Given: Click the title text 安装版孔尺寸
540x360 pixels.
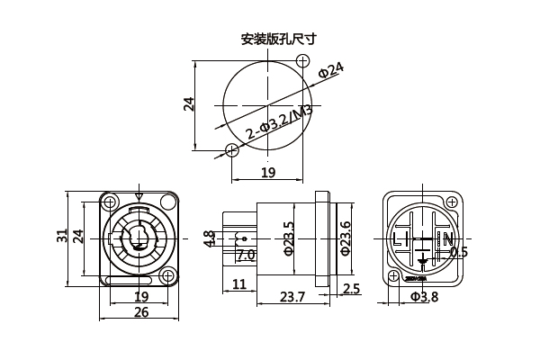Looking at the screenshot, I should (x=278, y=40).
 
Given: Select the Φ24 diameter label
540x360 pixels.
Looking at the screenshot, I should (x=331, y=71).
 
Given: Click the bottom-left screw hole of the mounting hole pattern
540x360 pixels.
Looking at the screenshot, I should (x=232, y=150).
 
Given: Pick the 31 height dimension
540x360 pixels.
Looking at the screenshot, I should (x=62, y=236).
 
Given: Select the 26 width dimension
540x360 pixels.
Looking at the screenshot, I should (x=141, y=312).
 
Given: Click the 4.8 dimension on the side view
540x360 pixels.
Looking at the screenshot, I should (x=209, y=238).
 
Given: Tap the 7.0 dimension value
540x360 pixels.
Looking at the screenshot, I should (x=245, y=256).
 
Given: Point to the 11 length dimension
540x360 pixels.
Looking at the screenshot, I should (x=239, y=285).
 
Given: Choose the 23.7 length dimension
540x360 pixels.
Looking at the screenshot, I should (x=292, y=296).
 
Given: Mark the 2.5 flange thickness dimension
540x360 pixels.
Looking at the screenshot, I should (x=352, y=289).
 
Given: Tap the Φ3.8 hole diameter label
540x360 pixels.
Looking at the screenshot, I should (x=424, y=297).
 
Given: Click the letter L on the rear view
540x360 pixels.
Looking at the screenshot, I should (x=398, y=238).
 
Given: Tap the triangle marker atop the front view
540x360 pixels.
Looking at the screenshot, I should (x=138, y=196).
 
